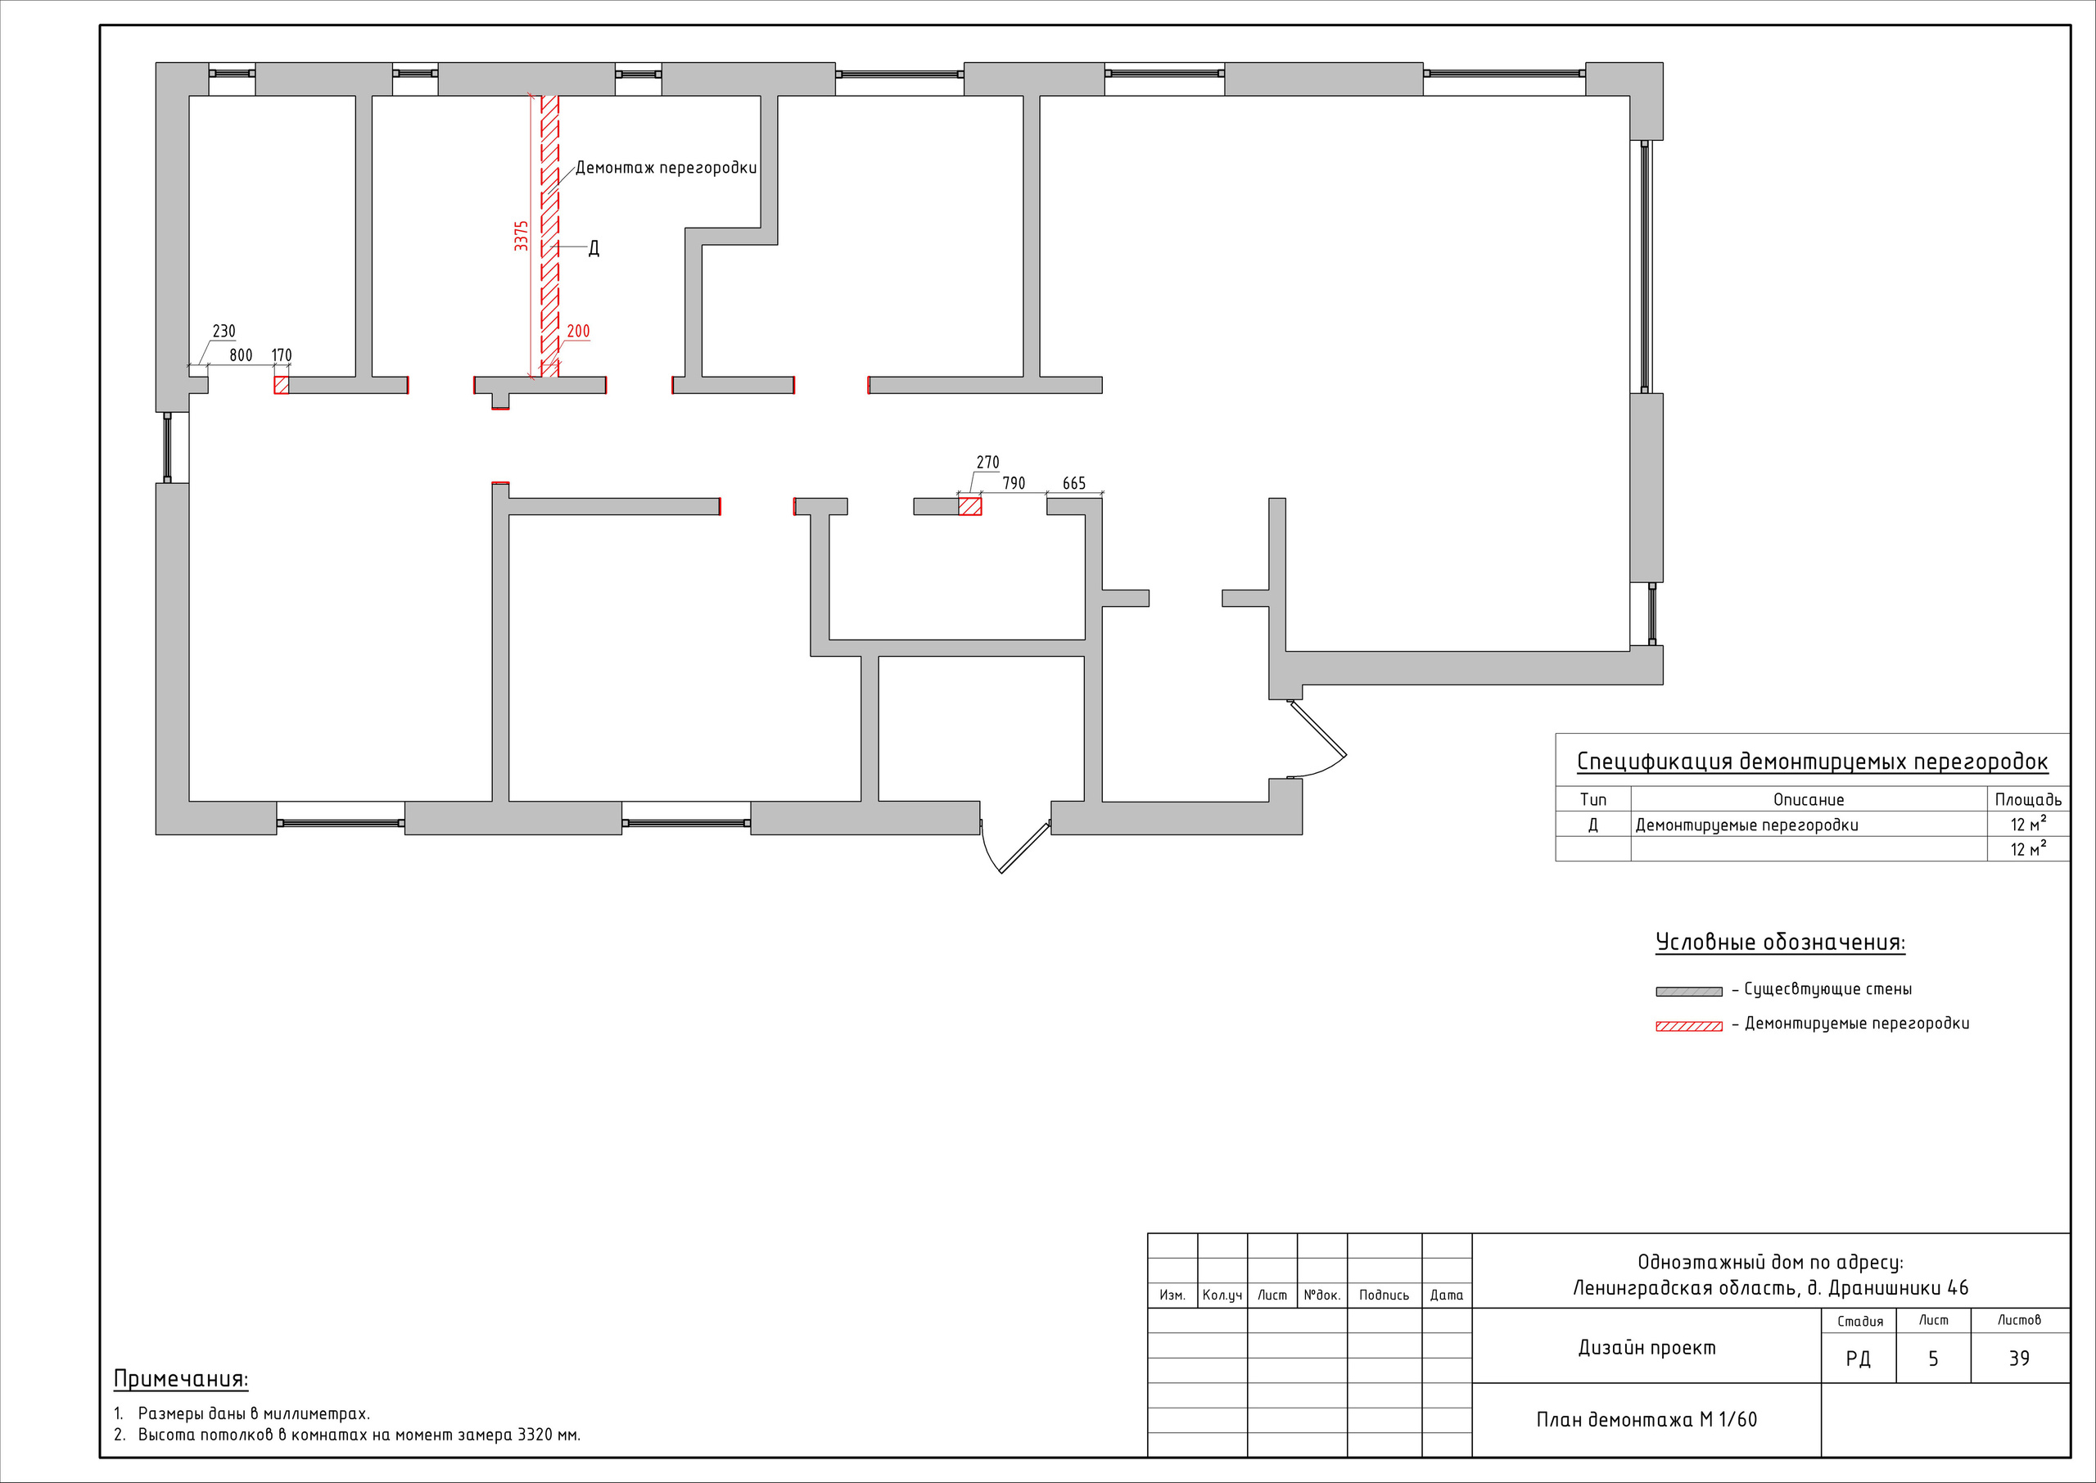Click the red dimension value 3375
coord(521,236)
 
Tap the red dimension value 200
coord(578,332)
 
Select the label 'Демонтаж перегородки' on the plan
coord(666,168)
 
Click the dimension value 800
coord(241,355)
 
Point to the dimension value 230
coord(224,332)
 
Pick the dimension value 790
coord(1014,483)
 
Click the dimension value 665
coord(1074,483)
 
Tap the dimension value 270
coord(987,463)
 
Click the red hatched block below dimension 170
coord(281,384)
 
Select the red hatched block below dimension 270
coord(969,506)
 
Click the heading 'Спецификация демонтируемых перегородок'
coord(1812,762)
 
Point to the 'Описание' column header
coord(1809,800)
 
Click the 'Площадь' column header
coord(2027,800)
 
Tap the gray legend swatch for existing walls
coord(1689,992)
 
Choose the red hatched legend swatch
coord(1689,1026)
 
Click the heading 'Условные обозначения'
coord(1780,943)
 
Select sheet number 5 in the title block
coord(1932,1359)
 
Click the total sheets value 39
coord(2019,1359)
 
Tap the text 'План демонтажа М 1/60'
coord(1646,1420)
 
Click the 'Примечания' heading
coord(181,1379)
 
